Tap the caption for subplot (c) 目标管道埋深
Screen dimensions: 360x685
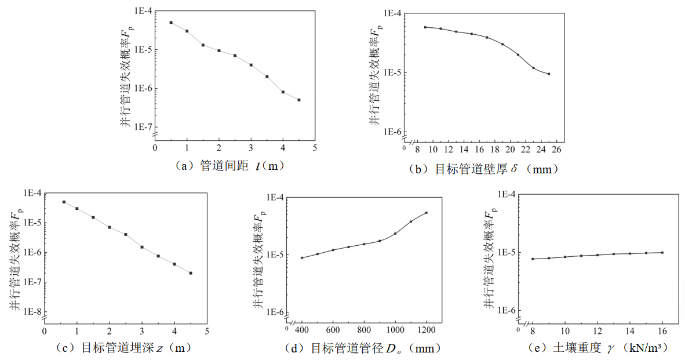point(123,348)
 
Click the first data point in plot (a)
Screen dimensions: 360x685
point(171,23)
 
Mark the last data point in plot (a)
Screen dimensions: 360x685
point(299,100)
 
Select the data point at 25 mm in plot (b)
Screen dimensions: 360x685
point(548,74)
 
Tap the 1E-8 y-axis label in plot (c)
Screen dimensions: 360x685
point(31,312)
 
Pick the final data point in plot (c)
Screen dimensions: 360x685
point(191,273)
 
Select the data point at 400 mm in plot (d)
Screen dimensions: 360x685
point(302,257)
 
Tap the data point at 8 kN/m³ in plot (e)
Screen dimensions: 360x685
point(533,259)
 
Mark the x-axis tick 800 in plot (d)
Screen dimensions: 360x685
point(364,330)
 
